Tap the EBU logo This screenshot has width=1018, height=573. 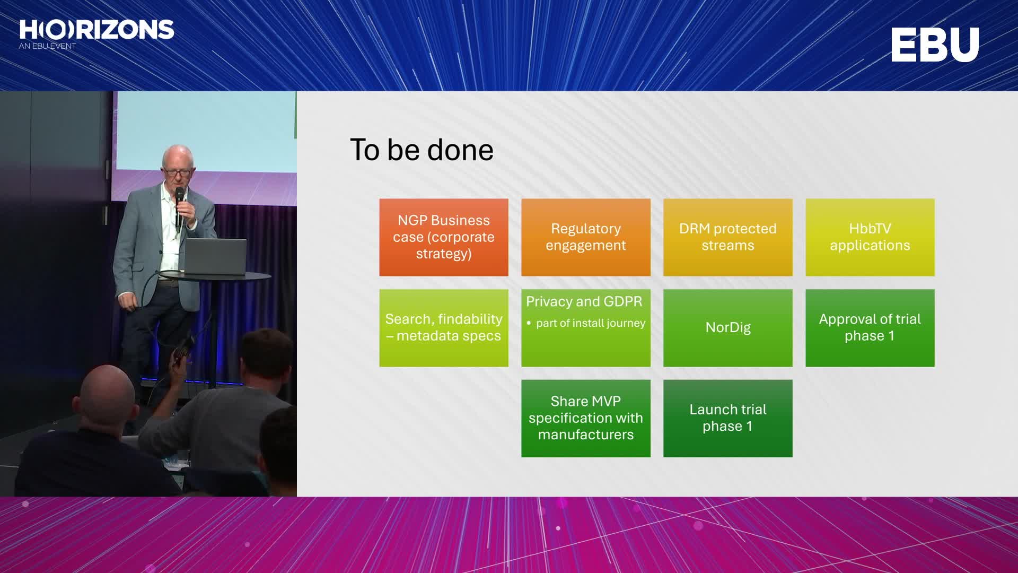click(935, 45)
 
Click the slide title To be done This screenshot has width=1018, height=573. click(422, 150)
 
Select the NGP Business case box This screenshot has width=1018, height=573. click(444, 237)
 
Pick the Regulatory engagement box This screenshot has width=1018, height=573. click(586, 237)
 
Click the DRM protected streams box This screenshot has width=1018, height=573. click(728, 237)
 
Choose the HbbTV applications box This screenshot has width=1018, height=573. click(870, 237)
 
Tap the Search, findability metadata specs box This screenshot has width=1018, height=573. click(444, 328)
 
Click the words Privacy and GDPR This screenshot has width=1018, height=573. click(584, 301)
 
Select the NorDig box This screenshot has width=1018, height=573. click(728, 328)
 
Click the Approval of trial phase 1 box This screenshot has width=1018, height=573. click(870, 328)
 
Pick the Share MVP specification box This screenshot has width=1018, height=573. click(586, 418)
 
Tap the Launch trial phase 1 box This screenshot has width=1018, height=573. click(728, 418)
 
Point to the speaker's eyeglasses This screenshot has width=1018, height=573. click(178, 172)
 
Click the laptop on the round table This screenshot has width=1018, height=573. click(214, 257)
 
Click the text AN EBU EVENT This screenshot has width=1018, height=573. click(47, 46)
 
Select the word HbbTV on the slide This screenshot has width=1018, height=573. click(870, 229)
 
